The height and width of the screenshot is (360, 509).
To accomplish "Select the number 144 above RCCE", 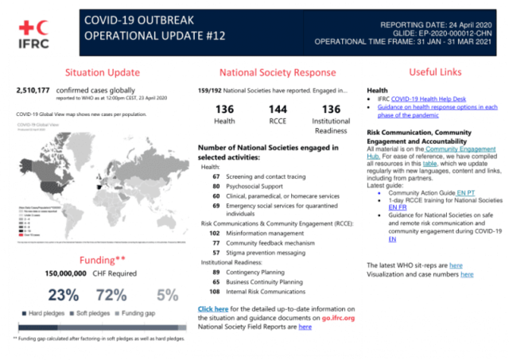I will point(278,108).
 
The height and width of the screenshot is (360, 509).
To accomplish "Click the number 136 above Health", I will point(224,108).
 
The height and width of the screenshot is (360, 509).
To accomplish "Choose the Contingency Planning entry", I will point(259,272).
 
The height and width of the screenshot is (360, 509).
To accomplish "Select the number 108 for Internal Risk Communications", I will point(214,291).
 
